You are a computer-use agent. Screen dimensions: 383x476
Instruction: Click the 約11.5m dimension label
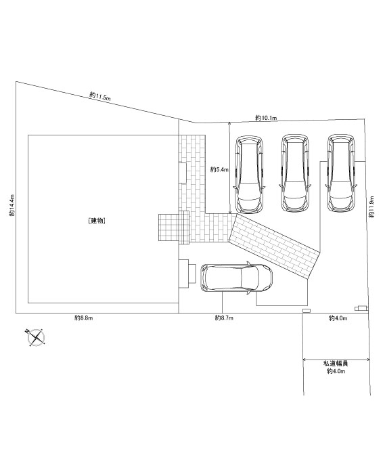coord(100,96)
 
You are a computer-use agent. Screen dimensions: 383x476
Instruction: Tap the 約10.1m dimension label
coord(266,118)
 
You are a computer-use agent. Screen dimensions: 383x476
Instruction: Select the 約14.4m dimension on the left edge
coord(12,205)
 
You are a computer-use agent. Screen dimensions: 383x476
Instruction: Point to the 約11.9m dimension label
coord(371,207)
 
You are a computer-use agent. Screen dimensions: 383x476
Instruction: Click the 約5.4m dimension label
coord(219,170)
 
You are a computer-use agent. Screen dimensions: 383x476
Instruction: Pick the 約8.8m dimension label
coord(84,318)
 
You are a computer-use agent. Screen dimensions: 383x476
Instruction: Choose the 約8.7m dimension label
coord(224,318)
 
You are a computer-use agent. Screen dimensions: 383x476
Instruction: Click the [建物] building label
coord(97,221)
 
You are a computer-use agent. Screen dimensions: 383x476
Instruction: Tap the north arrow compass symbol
coord(36,337)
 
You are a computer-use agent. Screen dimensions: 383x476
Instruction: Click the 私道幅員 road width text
coord(336,364)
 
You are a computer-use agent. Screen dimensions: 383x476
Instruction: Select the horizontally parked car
coord(236,278)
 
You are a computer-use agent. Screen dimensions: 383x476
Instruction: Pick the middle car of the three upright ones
coord(295,173)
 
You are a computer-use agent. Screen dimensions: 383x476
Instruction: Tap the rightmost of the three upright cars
coord(341,173)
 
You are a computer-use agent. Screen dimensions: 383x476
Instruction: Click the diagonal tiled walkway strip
coord(274,246)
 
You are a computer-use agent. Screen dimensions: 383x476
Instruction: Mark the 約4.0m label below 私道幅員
coord(336,371)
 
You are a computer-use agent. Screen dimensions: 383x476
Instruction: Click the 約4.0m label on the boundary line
coord(338,318)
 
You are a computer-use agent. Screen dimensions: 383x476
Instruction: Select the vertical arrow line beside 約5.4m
coord(230,168)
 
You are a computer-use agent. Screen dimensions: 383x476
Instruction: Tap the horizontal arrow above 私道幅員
coord(336,360)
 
